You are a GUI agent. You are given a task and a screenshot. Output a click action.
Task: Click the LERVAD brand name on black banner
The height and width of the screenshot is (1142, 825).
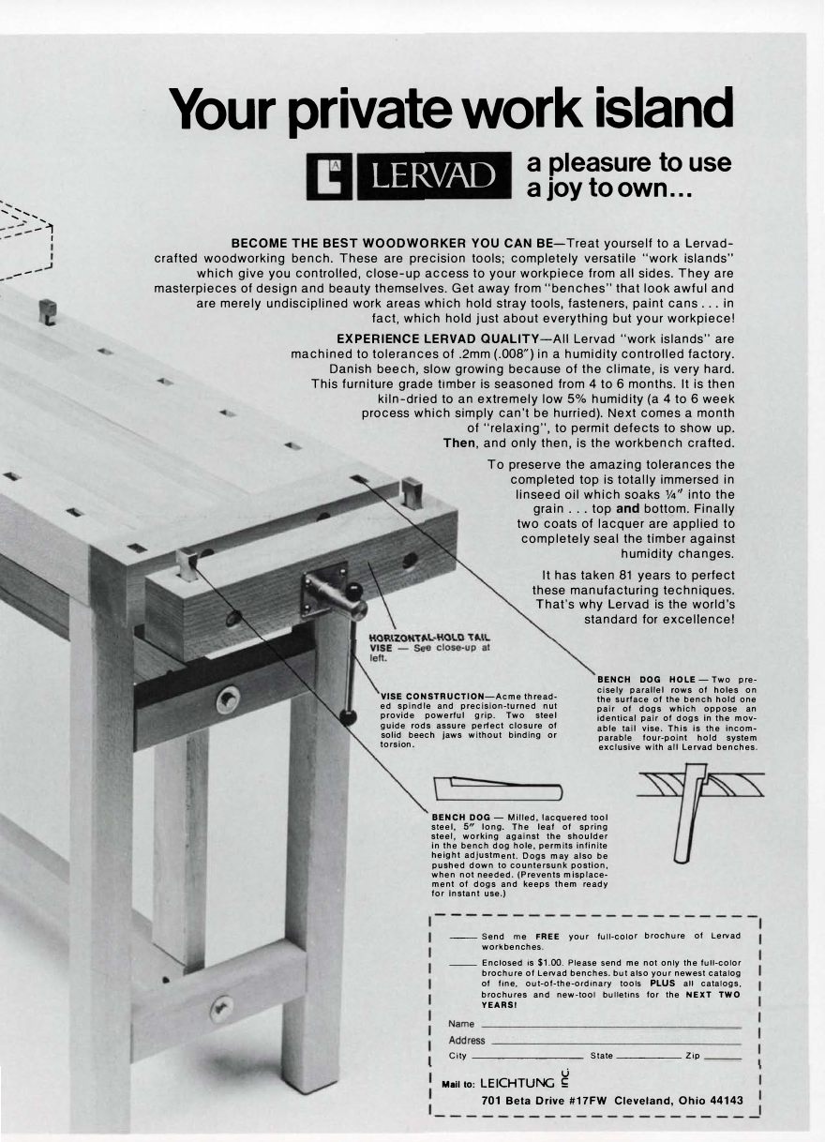(433, 176)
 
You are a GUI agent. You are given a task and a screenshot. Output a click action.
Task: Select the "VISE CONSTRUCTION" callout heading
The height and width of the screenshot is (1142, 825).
(430, 696)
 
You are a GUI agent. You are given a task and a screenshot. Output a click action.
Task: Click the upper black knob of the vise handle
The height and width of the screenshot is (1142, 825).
(354, 591)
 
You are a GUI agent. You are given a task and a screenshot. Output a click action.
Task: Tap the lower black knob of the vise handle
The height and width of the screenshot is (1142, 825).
(348, 717)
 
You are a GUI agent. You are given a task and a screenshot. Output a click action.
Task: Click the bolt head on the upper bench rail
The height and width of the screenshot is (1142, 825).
(228, 699)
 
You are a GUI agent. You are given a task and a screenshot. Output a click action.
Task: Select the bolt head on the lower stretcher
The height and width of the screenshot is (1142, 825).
(221, 1010)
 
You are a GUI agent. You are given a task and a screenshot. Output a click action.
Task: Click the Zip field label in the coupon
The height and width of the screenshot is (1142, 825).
(693, 1056)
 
